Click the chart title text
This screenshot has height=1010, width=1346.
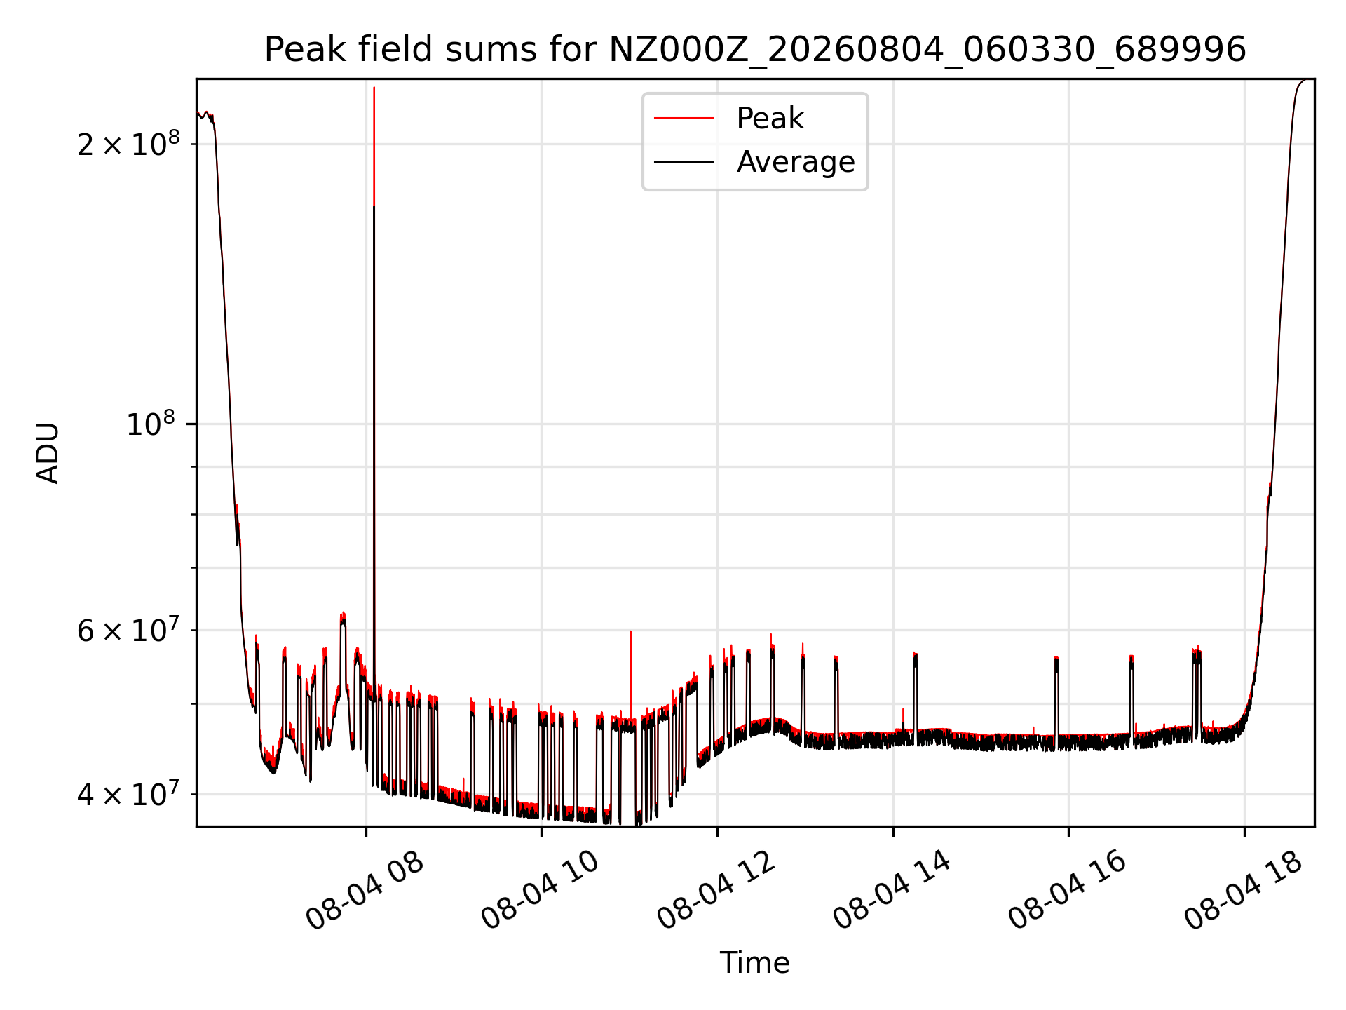point(755,50)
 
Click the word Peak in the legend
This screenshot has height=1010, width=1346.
point(770,119)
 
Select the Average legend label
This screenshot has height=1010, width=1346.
point(796,162)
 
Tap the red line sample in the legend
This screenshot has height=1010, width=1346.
point(684,119)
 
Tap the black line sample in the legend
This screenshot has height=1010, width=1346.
point(684,162)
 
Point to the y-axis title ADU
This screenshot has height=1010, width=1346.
point(48,452)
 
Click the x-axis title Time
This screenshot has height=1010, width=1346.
point(755,963)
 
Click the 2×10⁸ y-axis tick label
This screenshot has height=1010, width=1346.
point(128,144)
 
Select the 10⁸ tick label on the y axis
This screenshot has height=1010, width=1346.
point(150,423)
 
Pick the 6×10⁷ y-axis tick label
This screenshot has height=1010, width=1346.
point(128,630)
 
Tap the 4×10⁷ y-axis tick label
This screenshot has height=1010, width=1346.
point(128,794)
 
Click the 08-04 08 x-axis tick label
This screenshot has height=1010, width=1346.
point(365,890)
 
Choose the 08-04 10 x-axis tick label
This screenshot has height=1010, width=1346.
point(541,890)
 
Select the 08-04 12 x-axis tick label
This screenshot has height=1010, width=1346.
point(716,890)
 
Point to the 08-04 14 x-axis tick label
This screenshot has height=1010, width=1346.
point(892,890)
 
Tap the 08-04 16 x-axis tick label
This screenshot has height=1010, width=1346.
point(1068,890)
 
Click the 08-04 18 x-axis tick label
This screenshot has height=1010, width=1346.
point(1244,890)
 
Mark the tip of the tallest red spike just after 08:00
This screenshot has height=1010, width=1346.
point(374,88)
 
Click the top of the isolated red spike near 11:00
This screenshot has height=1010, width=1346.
point(630,631)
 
